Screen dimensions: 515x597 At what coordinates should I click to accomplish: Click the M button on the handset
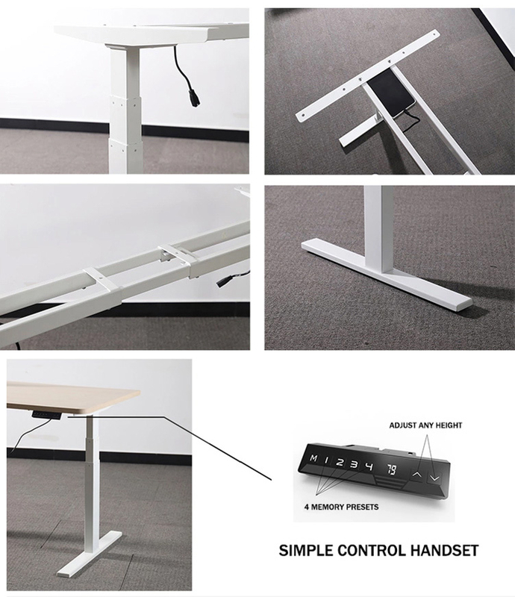pyautogui.click(x=313, y=458)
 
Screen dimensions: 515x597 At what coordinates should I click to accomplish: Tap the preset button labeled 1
pyautogui.click(x=326, y=460)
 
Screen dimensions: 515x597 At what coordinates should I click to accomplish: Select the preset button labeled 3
pyautogui.click(x=355, y=464)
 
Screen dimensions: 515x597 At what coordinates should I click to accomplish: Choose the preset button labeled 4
pyautogui.click(x=369, y=467)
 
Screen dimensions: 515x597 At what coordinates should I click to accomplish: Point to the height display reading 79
pyautogui.click(x=392, y=470)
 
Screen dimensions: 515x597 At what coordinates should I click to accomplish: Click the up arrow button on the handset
pyautogui.click(x=417, y=475)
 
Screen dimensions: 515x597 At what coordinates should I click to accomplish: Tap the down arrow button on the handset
pyautogui.click(x=434, y=478)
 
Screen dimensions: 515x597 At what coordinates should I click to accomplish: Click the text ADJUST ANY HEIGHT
pyautogui.click(x=425, y=425)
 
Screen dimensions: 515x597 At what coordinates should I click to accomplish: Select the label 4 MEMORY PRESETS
pyautogui.click(x=341, y=507)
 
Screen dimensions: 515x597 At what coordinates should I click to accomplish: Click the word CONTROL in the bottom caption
pyautogui.click(x=366, y=551)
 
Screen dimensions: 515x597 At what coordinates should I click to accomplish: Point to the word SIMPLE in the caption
pyautogui.click(x=306, y=551)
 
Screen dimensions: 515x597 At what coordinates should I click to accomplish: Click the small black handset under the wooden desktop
pyautogui.click(x=46, y=415)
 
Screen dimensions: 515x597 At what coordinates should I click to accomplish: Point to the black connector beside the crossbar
pyautogui.click(x=223, y=283)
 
